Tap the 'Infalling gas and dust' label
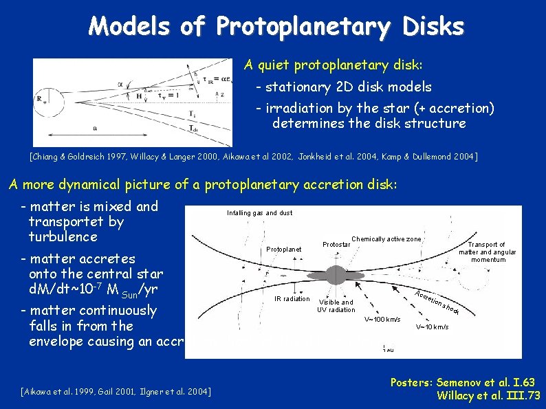click(x=259, y=213)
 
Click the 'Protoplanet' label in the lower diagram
click(x=284, y=249)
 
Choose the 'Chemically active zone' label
click(x=386, y=239)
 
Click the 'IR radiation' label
click(x=292, y=299)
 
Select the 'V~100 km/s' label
click(x=382, y=320)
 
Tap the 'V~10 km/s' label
click(x=432, y=327)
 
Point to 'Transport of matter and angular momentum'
click(x=488, y=252)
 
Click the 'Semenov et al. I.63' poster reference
click(x=485, y=382)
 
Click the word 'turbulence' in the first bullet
click(x=63, y=237)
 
